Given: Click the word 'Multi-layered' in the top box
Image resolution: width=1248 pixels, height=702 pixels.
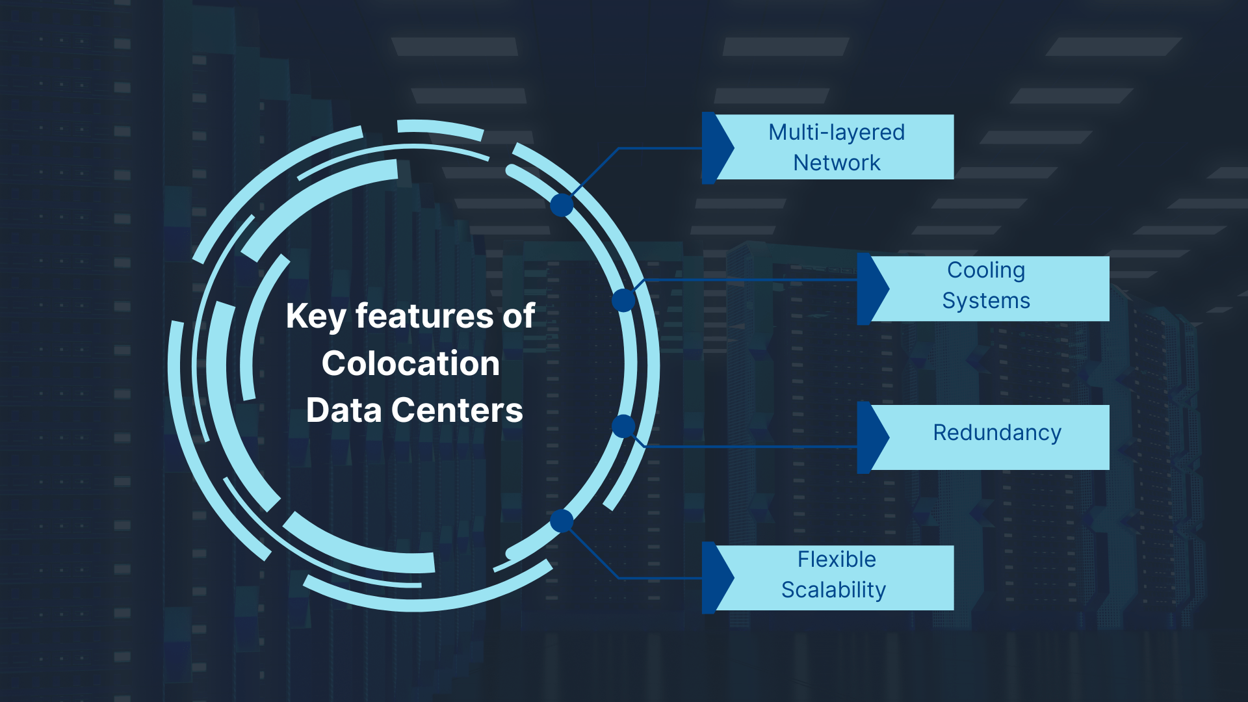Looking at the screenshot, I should click(x=837, y=133).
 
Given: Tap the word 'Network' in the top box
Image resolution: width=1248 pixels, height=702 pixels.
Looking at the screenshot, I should click(x=837, y=162).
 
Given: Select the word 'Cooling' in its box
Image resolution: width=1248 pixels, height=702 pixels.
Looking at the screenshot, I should click(x=986, y=270).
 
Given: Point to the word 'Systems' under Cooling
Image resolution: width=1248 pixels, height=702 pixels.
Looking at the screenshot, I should click(x=986, y=301).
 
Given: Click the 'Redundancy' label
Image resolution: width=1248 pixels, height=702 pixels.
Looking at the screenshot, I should click(x=997, y=433).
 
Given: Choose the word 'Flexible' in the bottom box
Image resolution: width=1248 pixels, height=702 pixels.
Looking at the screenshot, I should click(x=837, y=560).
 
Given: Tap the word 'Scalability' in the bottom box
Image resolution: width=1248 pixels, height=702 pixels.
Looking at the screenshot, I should click(x=833, y=590).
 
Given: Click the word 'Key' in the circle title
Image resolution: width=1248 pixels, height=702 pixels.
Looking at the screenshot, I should click(x=316, y=317).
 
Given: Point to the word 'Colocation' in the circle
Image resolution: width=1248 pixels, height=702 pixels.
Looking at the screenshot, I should click(x=411, y=363).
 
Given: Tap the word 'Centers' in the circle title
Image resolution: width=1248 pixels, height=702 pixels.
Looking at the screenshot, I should click(x=457, y=411).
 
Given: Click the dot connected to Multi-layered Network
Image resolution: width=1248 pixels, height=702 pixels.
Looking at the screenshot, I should click(x=562, y=205).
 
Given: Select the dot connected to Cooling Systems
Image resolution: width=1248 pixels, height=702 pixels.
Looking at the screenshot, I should click(x=623, y=300).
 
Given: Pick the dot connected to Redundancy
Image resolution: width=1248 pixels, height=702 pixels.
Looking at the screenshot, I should click(x=623, y=426).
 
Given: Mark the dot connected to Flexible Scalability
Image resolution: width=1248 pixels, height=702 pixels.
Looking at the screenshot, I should click(x=562, y=521).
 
